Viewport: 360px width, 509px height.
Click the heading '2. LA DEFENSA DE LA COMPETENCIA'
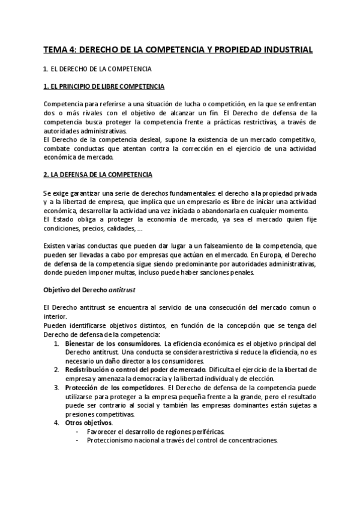[98, 175]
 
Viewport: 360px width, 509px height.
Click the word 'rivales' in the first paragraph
[89, 113]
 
